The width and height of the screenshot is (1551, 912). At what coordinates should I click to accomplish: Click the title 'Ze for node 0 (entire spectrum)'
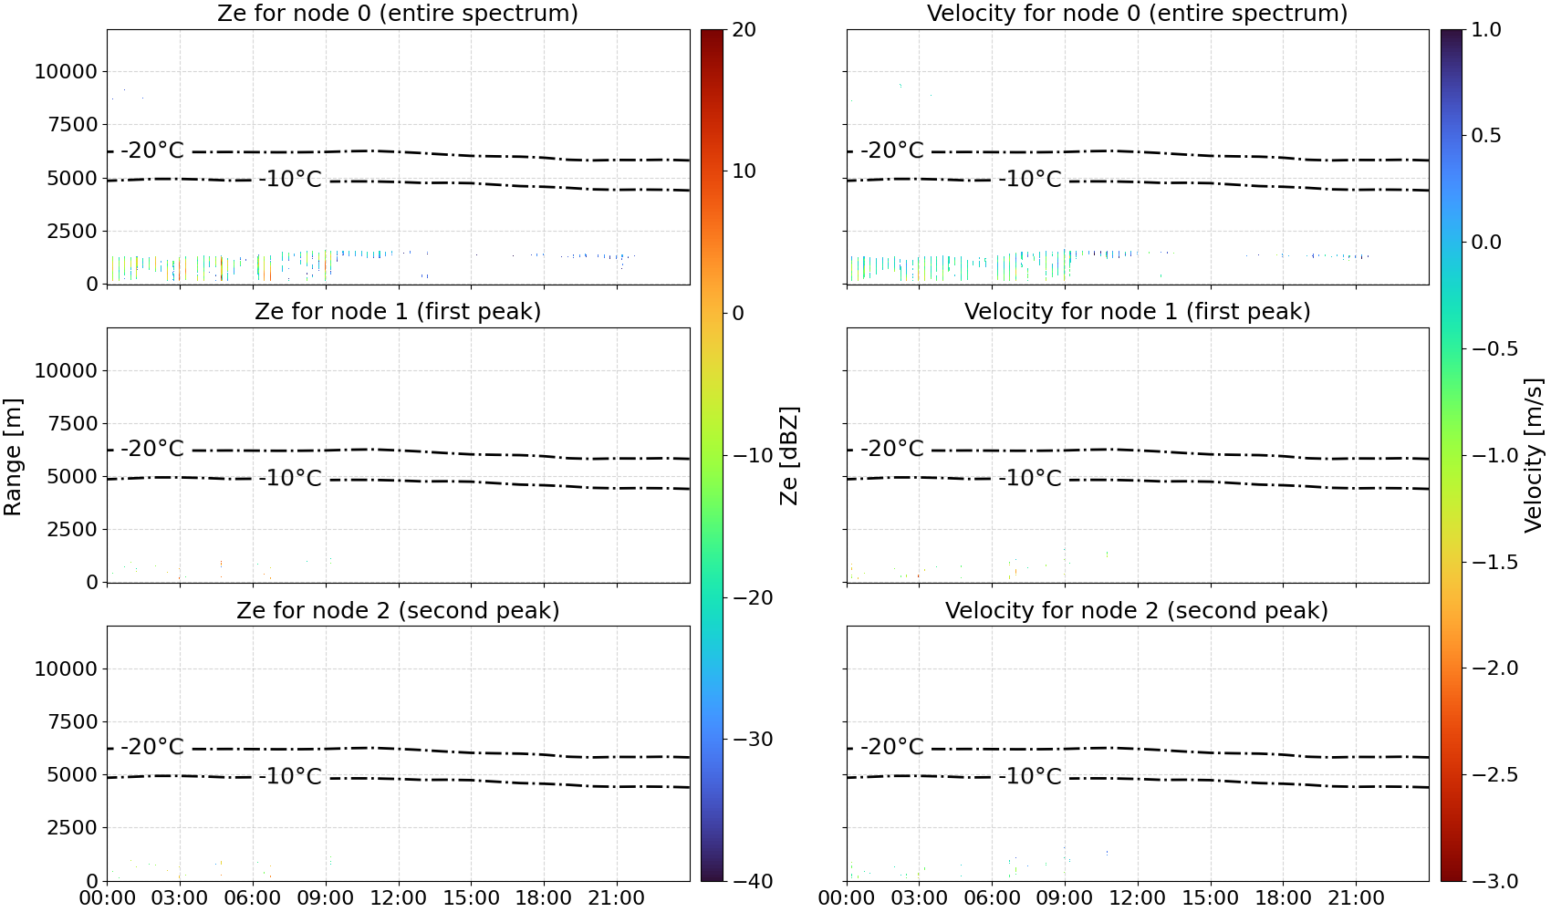coord(398,13)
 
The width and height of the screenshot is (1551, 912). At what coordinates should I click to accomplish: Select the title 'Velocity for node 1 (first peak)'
coord(1137,311)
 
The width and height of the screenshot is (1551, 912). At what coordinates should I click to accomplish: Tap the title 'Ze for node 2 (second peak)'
coord(398,610)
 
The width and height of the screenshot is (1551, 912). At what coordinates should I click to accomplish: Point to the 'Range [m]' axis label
coord(13,457)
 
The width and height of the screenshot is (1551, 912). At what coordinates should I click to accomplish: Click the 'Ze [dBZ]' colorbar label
coord(788,456)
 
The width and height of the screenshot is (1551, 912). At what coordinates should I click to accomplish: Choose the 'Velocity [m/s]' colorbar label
coord(1534,455)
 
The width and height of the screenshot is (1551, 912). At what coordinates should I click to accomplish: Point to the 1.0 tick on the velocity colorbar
coord(1486,30)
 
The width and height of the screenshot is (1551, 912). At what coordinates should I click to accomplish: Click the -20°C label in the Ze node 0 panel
coord(152,150)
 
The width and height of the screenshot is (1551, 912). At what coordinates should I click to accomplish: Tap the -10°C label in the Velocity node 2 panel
coord(1030,776)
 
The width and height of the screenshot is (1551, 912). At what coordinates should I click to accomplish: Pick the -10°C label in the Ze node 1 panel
coord(291,478)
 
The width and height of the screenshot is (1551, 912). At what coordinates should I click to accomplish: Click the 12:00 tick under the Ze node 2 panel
coord(398,898)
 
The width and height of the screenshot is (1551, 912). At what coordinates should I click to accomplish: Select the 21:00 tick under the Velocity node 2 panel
coord(1356,898)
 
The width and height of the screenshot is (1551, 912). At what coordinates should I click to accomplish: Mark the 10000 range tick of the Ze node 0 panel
coord(66,71)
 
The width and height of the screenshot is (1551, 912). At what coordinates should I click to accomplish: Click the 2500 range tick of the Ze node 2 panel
coord(72,827)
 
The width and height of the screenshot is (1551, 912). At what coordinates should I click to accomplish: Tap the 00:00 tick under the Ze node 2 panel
coord(108,898)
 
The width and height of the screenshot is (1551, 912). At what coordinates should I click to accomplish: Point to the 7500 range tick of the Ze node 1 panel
coord(72,423)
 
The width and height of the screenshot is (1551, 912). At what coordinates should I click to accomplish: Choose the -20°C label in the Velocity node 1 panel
coord(892,449)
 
